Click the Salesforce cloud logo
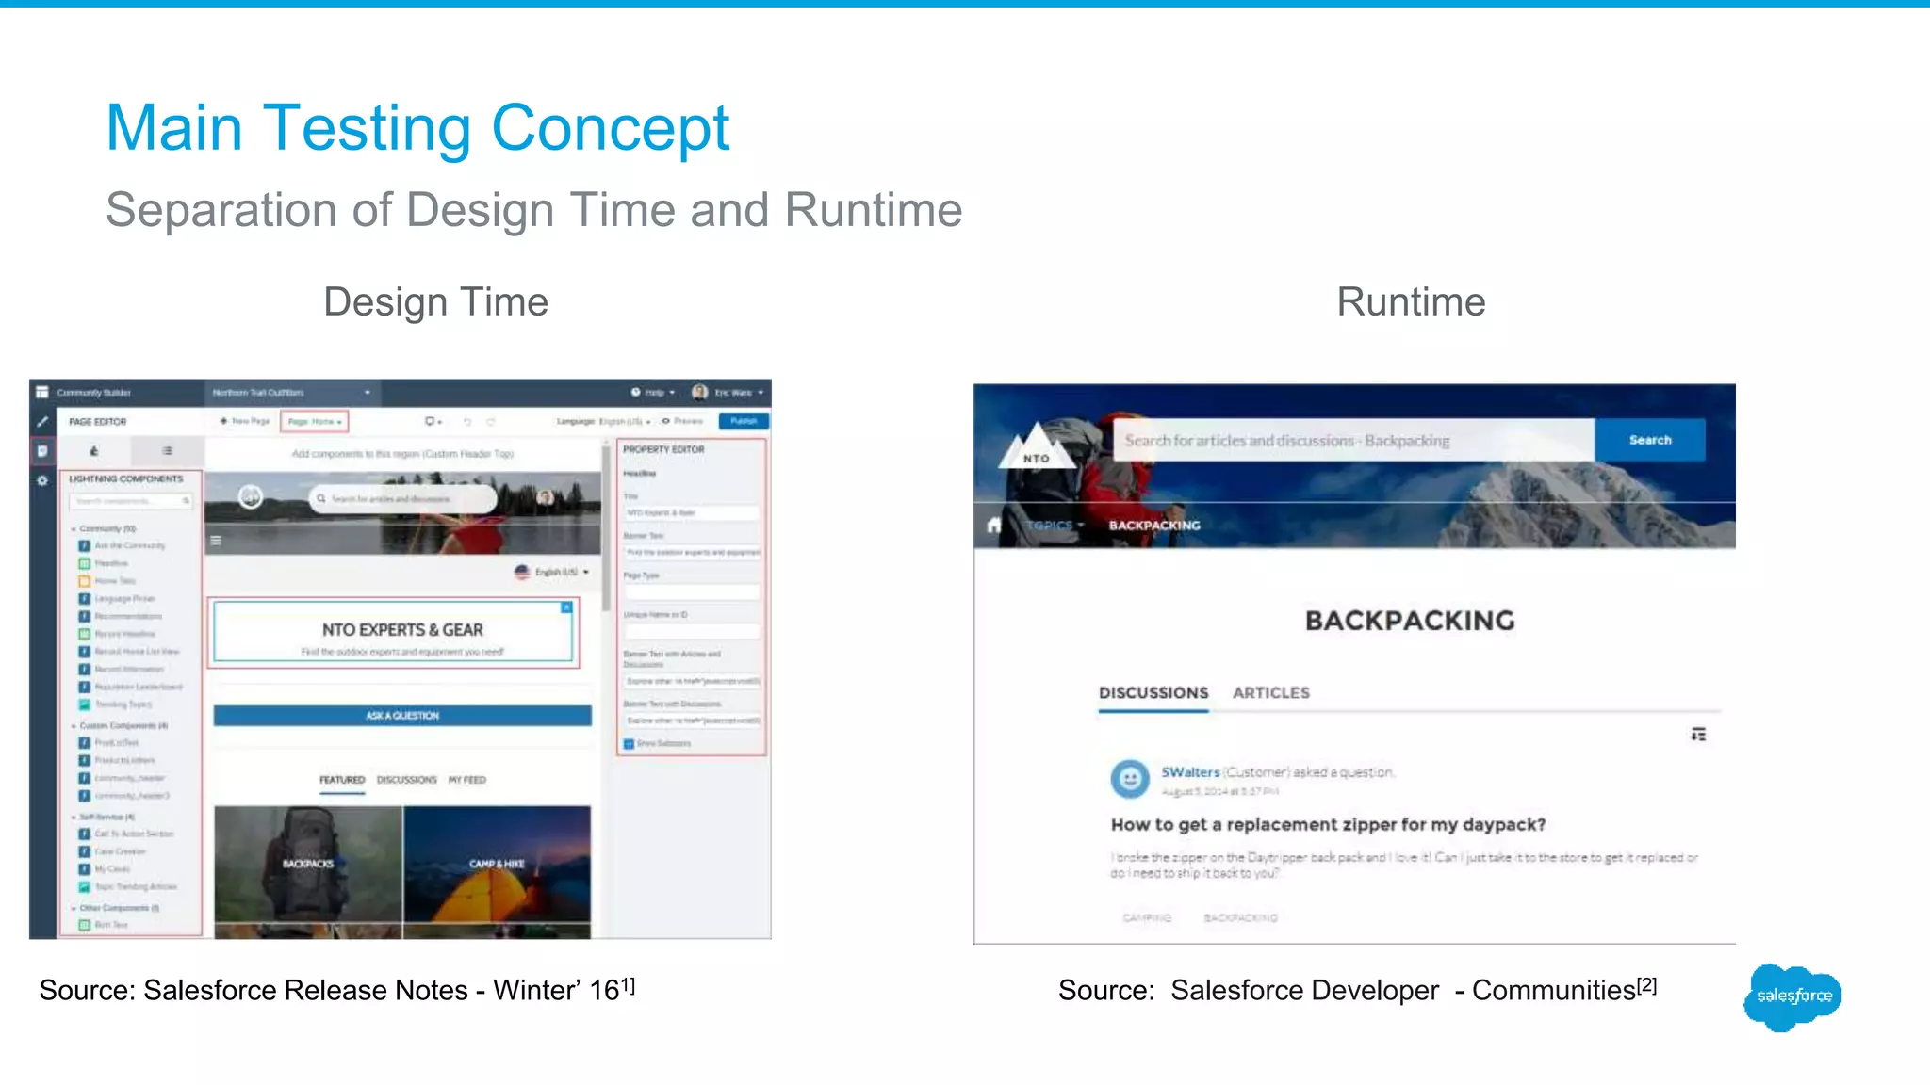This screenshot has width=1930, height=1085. coord(1792,996)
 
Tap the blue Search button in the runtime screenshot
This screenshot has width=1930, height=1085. coord(1649,440)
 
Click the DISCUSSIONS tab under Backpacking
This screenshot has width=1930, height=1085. coord(1153,693)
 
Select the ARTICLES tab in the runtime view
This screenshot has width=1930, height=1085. coord(1270,693)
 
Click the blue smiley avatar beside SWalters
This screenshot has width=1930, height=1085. coord(1129,778)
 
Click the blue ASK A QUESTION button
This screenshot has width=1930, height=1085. coord(402,716)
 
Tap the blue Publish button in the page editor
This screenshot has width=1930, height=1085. coord(744,421)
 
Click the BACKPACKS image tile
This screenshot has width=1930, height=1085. coord(308,865)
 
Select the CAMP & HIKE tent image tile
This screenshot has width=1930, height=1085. coord(497,865)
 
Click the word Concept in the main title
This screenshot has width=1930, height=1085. coord(610,128)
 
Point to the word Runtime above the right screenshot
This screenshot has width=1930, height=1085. coord(1410,302)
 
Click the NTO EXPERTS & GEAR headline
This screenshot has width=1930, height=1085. coord(402,630)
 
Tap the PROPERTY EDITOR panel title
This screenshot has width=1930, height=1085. coord(663,450)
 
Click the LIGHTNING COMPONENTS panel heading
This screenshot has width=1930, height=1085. coord(125,479)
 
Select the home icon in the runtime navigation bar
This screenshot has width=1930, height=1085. coord(993,525)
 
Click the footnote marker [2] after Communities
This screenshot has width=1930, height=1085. coord(1646,985)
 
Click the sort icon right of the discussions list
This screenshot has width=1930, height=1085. coord(1698,735)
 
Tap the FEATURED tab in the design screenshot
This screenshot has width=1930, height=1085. coord(341,780)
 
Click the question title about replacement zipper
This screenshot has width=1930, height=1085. coord(1327,825)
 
